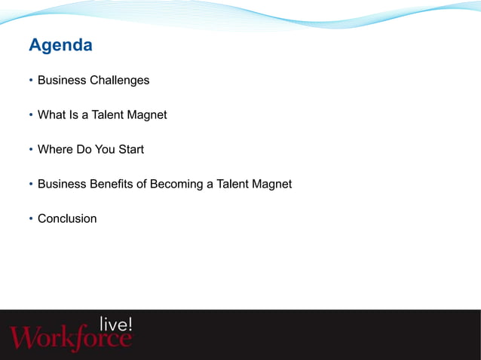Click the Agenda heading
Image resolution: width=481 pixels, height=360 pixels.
60,46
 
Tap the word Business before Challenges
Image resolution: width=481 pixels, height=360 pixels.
62,81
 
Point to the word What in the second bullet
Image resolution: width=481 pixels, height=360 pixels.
52,115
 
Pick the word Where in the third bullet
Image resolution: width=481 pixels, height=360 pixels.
56,150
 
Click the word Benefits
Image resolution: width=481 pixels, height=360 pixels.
113,185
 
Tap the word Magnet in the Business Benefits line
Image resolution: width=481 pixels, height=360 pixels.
271,185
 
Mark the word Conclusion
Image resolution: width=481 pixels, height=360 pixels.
67,219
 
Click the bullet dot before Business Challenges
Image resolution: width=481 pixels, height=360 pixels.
30,81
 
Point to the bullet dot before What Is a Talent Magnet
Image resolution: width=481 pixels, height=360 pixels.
30,116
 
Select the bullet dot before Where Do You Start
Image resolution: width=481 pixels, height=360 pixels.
30,151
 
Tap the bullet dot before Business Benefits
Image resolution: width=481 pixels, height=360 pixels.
30,185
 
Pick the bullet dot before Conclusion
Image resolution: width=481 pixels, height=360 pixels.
30,220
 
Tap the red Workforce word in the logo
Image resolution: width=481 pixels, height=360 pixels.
69,338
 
